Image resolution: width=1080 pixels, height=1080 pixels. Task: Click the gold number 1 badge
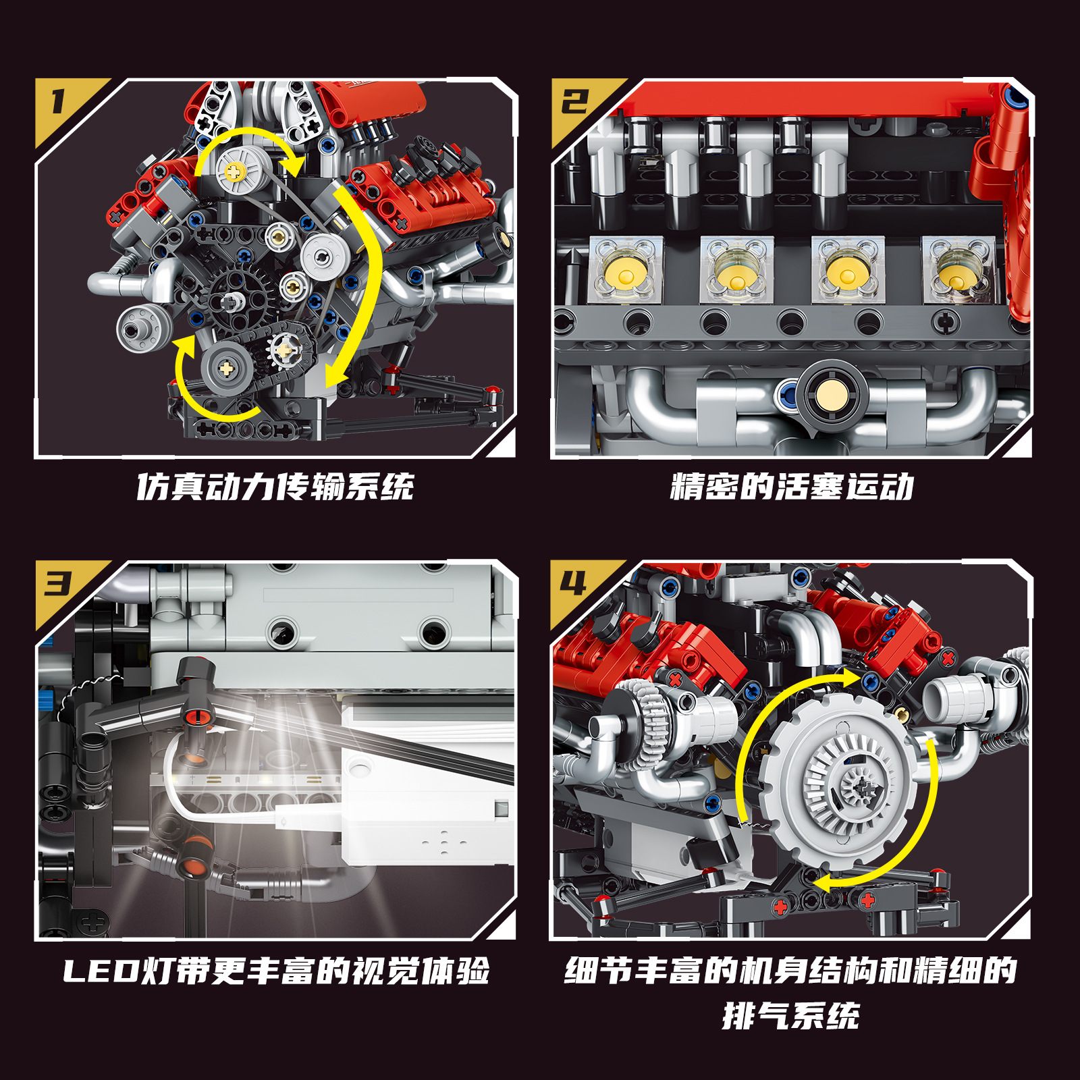pyautogui.click(x=59, y=103)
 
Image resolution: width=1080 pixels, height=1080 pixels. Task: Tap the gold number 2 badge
pyautogui.click(x=575, y=103)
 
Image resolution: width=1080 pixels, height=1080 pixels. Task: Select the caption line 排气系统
pyautogui.click(x=791, y=1016)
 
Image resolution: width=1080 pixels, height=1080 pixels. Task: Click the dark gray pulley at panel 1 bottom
pyautogui.click(x=227, y=368)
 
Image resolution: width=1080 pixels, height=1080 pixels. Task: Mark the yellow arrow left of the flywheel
pyautogui.click(x=756, y=736)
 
